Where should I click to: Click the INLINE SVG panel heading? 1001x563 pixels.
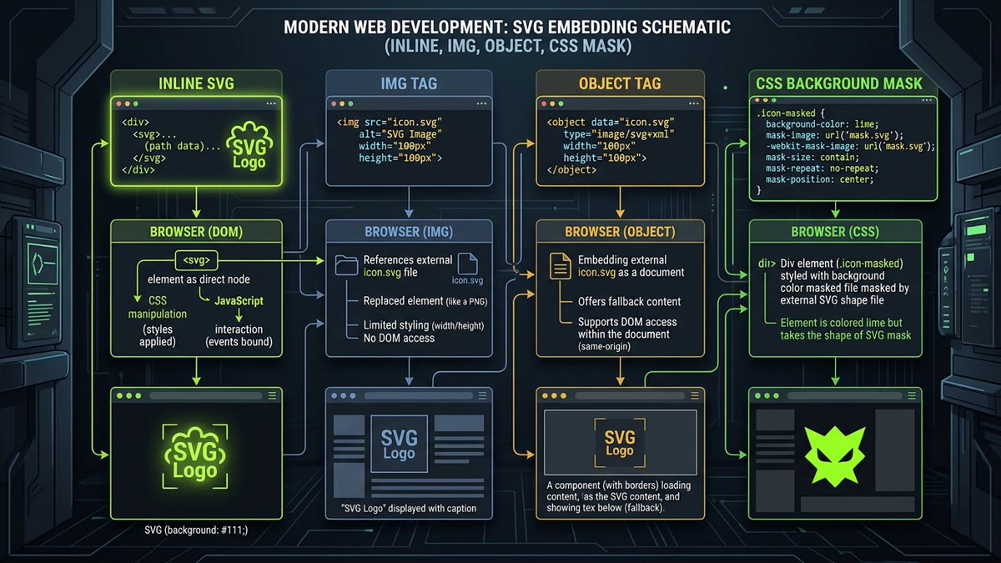tap(196, 83)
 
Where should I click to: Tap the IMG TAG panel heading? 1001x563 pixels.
tap(409, 83)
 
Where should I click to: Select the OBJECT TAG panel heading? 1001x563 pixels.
tap(620, 83)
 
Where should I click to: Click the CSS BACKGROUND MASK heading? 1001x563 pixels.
tap(839, 83)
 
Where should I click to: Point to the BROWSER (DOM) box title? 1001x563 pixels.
tap(196, 232)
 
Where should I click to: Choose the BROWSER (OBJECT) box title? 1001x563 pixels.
tap(620, 232)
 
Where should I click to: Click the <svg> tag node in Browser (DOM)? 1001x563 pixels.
tap(197, 260)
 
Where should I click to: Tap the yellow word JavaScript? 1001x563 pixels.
tap(239, 301)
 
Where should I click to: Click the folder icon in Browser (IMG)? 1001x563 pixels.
tap(346, 265)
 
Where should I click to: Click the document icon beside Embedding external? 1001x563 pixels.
tap(561, 266)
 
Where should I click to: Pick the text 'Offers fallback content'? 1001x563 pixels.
tap(629, 302)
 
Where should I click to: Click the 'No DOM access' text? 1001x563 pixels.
tap(399, 339)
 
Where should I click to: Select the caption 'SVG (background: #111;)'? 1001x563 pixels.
tap(196, 530)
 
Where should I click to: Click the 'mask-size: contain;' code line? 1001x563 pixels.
tap(812, 158)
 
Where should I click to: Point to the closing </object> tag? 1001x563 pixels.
tap(571, 170)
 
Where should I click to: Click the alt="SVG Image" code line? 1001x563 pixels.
tap(400, 134)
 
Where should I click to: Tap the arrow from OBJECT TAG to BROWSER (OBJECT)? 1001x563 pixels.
tap(620, 203)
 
